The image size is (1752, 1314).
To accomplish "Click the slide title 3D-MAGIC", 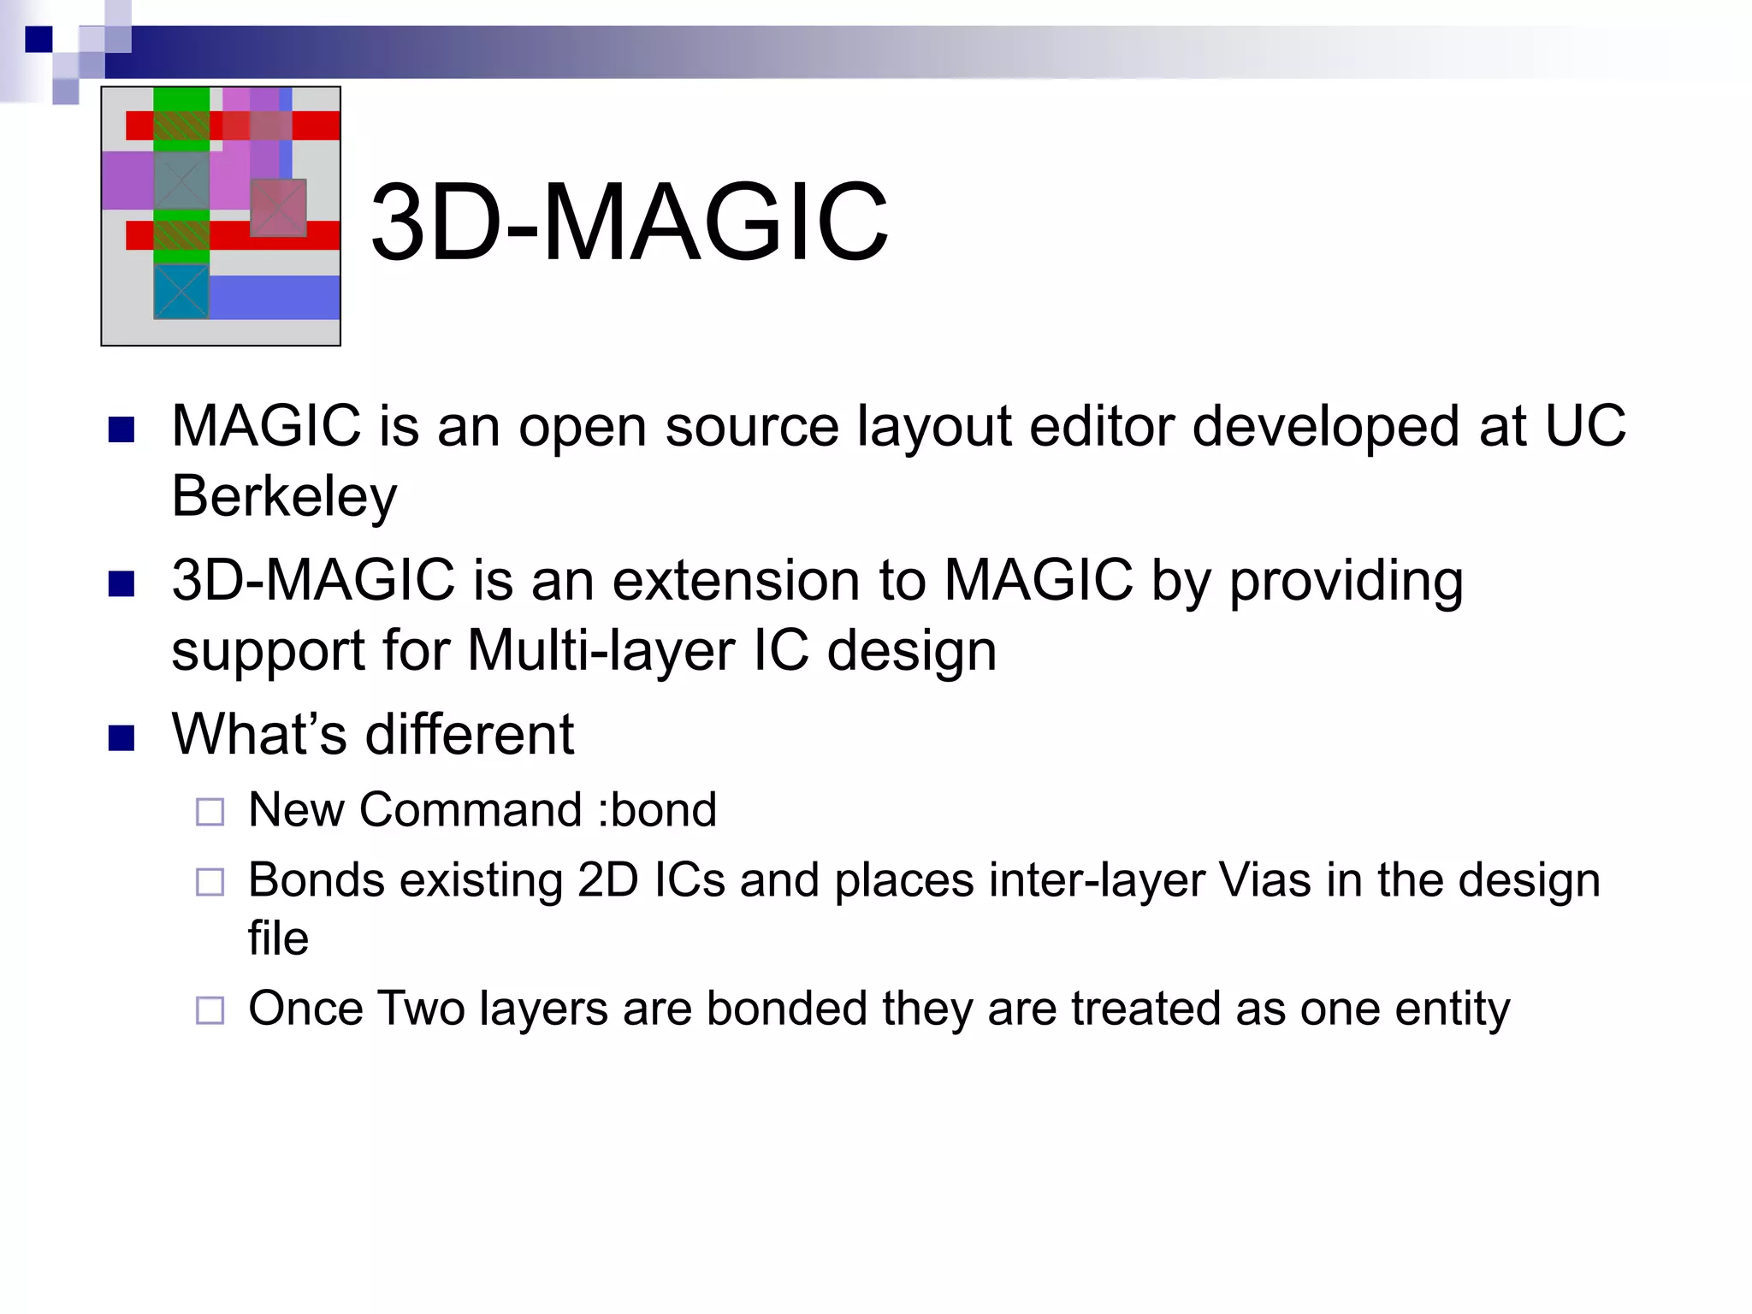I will point(629,222).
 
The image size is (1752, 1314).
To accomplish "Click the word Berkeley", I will point(284,496).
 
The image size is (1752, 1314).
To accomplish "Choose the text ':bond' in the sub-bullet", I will point(657,809).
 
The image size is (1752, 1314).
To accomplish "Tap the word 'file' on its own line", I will point(278,938).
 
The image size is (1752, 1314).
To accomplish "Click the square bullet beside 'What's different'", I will point(121,737).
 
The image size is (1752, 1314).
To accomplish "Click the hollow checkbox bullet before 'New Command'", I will point(210,812).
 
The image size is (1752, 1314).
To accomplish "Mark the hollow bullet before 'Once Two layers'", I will point(210,1010).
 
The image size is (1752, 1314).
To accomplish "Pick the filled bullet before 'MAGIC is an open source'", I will point(121,429).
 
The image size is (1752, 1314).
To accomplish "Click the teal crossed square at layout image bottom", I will point(181,291).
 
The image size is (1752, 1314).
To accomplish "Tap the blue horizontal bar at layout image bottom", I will point(274,297).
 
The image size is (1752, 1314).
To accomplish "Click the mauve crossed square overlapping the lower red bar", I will point(278,207).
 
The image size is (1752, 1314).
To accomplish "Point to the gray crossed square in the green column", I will point(181,181).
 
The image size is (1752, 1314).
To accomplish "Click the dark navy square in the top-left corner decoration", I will point(38,39).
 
